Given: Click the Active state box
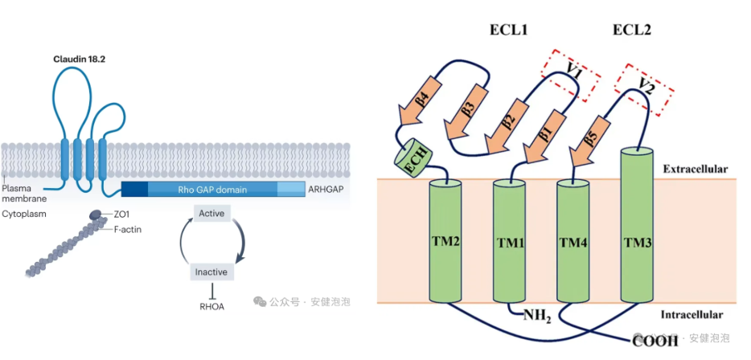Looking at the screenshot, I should pyautogui.click(x=211, y=213).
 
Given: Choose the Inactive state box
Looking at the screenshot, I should pyautogui.click(x=211, y=272).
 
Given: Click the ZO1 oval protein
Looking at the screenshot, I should pyautogui.click(x=95, y=215).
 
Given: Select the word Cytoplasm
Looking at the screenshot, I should pyautogui.click(x=24, y=215).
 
